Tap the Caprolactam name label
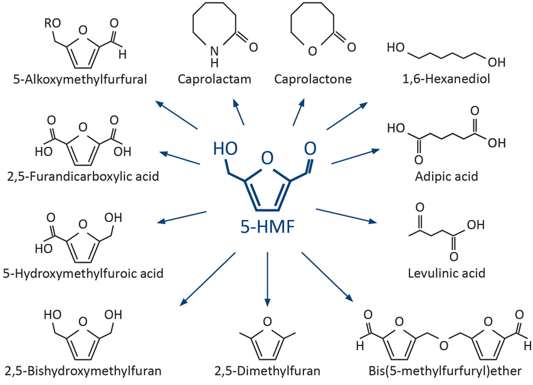point(214,80)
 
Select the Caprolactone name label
point(313,80)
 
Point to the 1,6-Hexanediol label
point(438,80)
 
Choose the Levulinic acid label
point(446,273)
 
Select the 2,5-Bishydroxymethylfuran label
point(82,371)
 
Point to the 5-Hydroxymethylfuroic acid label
point(83,273)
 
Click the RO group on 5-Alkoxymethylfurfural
point(52,24)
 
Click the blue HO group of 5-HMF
point(224,149)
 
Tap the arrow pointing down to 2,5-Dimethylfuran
point(266,276)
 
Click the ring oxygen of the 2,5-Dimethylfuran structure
point(266,322)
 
